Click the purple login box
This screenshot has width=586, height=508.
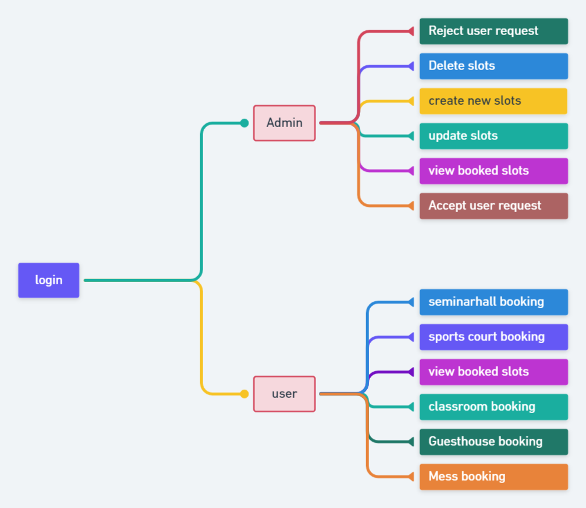(x=48, y=280)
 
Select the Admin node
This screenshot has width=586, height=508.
(x=284, y=123)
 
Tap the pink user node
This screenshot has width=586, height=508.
(x=284, y=394)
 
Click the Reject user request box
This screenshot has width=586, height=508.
(x=493, y=31)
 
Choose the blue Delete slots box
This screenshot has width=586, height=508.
(x=493, y=66)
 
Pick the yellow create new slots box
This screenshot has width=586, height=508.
(x=493, y=101)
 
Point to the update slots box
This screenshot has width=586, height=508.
(x=493, y=136)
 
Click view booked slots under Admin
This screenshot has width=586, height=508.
(x=493, y=171)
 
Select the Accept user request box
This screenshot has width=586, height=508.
(x=493, y=206)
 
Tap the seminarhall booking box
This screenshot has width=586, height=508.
(x=493, y=302)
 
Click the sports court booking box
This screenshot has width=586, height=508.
(x=493, y=337)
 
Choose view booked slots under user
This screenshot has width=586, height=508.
(x=493, y=372)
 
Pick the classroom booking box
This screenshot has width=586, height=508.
(x=493, y=407)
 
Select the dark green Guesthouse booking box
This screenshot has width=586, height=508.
(x=493, y=442)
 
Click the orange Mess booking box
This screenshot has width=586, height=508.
(x=493, y=477)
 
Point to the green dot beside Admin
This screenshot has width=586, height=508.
(x=244, y=123)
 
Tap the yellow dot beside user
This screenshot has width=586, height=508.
(x=244, y=394)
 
